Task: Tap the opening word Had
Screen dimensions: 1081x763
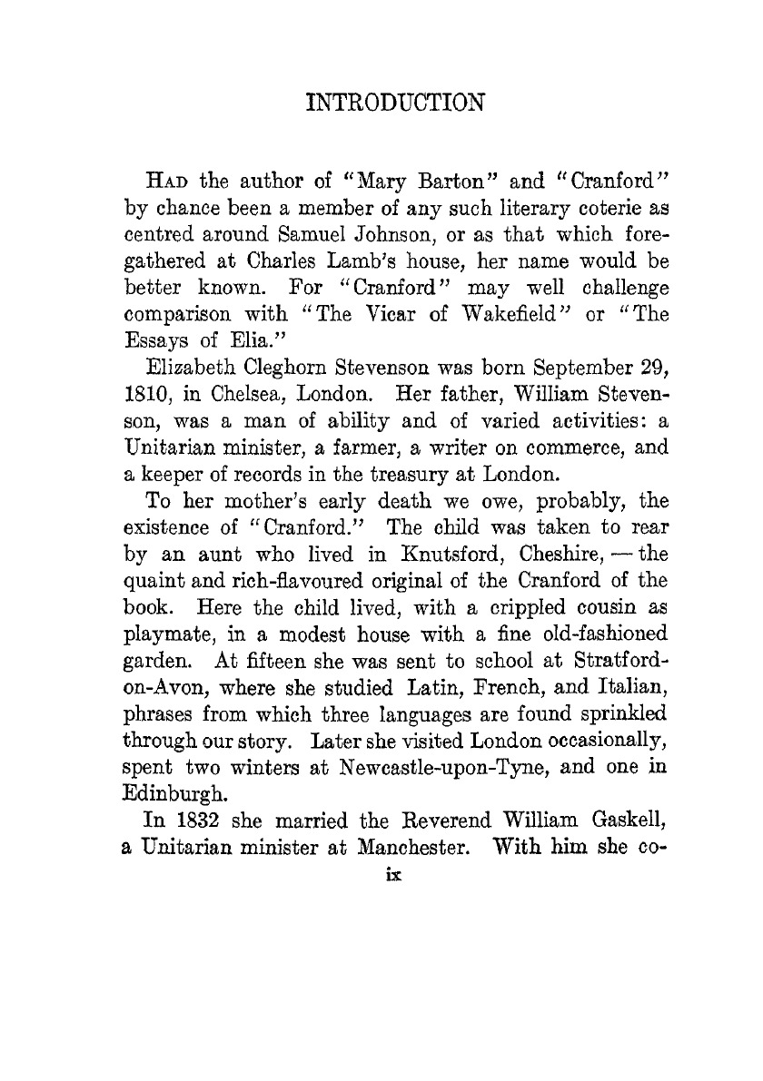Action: coord(163,177)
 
